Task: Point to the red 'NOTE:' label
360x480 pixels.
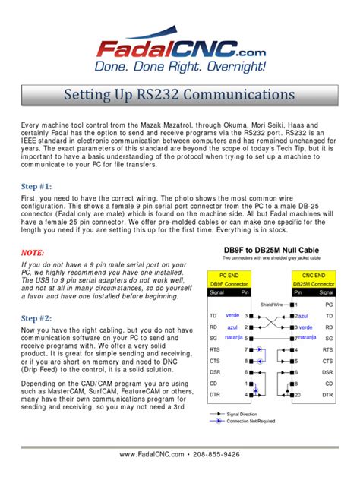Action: (33, 251)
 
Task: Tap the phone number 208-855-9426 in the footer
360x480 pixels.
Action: (228, 455)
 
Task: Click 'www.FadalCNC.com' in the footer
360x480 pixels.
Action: (152, 455)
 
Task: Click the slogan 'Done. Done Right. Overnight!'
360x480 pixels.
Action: (180, 67)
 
